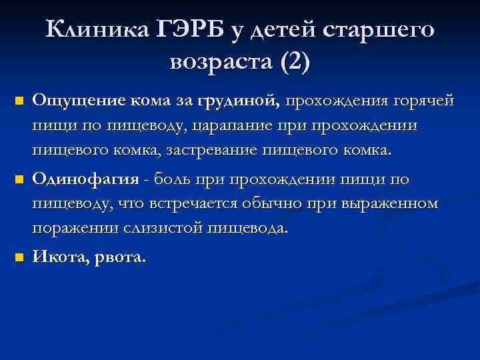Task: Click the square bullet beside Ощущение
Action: pyautogui.click(x=19, y=102)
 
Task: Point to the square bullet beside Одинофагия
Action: pyautogui.click(x=19, y=180)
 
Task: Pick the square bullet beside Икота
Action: pyautogui.click(x=19, y=257)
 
